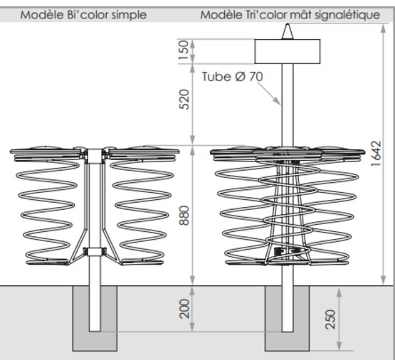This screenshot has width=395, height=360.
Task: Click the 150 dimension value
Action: (x=184, y=50)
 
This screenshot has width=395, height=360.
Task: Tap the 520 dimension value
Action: (x=184, y=100)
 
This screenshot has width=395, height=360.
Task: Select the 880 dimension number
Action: (x=184, y=216)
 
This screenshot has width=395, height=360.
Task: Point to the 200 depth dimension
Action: (x=185, y=309)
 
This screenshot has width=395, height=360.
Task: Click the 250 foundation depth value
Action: (x=330, y=319)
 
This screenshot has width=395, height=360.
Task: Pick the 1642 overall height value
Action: (x=376, y=153)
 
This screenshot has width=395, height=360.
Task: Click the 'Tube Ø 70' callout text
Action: (x=232, y=77)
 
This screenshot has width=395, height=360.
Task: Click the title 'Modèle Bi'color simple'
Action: (x=83, y=15)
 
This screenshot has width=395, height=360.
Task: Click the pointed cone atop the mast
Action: (x=288, y=31)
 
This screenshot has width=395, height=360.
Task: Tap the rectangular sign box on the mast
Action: (x=288, y=51)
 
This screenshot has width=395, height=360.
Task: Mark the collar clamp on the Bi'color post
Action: (x=95, y=251)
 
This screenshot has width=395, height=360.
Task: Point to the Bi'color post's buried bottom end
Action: (x=95, y=331)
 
